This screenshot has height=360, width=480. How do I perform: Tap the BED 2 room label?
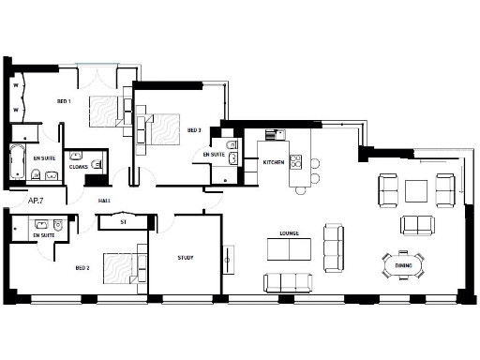coord(82,267)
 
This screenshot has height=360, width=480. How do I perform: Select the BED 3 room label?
coord(193,130)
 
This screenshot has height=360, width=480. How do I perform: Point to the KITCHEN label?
coord(273,162)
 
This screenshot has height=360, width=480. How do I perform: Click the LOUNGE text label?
coord(289,232)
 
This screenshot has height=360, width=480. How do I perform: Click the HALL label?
coord(104,200)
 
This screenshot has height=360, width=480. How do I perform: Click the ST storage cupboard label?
coord(124,222)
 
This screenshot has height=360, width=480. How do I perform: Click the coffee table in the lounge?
coord(289,248)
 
